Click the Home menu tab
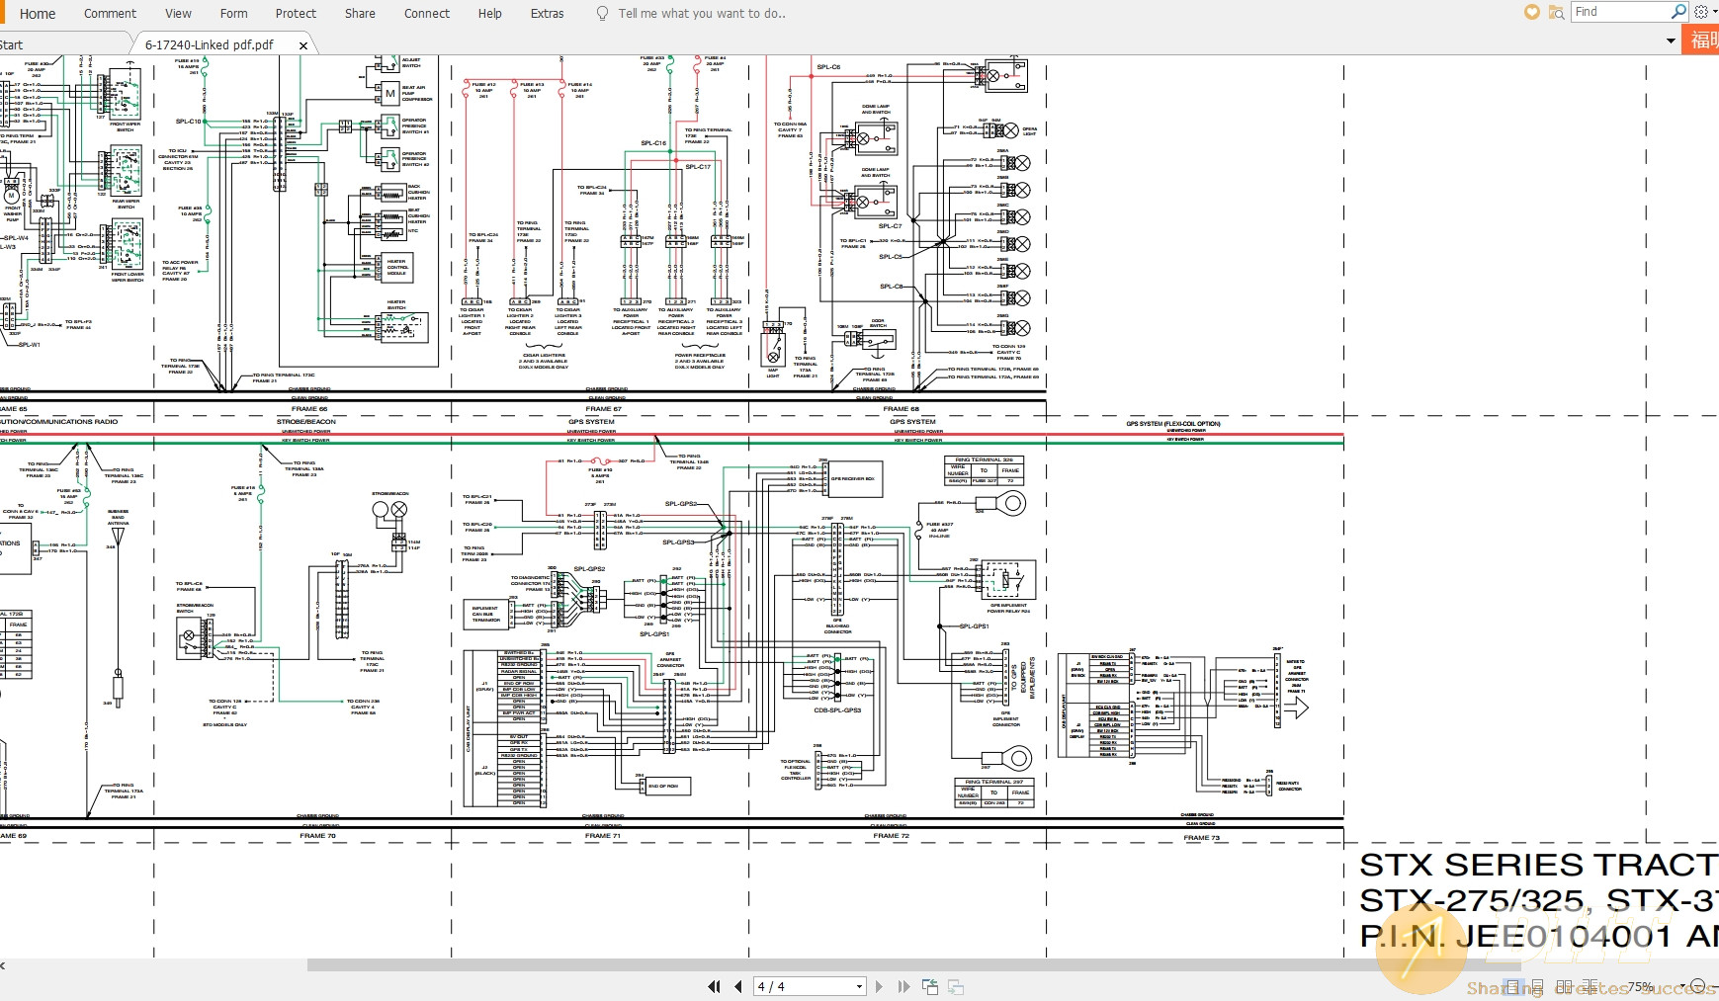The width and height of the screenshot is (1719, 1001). coord(38,14)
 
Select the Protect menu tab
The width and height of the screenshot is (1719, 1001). coord(296,14)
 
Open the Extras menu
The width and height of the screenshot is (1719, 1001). coord(547,14)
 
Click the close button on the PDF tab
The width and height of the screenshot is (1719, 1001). coord(303,45)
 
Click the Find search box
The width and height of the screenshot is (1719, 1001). coord(1619,12)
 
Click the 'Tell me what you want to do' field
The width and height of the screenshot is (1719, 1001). coord(701,14)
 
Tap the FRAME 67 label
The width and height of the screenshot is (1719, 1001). coord(603,409)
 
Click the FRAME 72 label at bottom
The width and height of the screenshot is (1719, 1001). coord(891,836)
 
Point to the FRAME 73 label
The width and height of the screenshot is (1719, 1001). coord(1201,838)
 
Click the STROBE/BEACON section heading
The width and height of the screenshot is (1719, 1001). coord(306,422)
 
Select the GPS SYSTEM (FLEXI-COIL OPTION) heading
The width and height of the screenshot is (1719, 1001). coord(1173,424)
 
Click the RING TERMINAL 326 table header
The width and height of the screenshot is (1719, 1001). coord(984,460)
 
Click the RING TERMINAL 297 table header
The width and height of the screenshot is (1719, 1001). coord(993,782)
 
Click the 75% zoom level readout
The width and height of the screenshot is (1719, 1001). coord(1641,986)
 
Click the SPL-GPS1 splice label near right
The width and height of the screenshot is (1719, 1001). coord(974,626)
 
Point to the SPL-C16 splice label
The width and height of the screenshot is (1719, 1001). coord(653,143)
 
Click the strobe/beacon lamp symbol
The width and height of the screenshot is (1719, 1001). coord(389,510)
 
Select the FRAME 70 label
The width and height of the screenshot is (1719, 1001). coord(318,836)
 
